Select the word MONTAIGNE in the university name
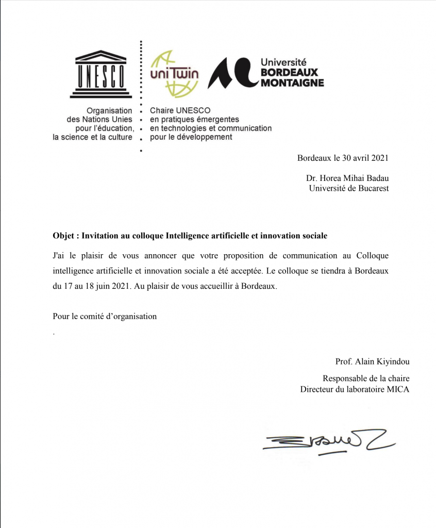tap(292, 82)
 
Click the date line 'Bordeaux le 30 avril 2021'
tap(343, 158)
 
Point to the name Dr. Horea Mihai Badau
tap(347, 178)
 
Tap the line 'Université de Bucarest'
tap(348, 188)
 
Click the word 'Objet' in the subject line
tap(64, 236)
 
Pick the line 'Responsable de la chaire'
tap(366, 379)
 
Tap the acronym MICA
tap(397, 389)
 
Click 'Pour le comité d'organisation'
tap(105, 317)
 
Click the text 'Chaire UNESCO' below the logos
tap(180, 110)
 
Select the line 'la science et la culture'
tap(93, 137)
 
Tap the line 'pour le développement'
tap(191, 137)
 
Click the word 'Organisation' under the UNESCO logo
tap(109, 110)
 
